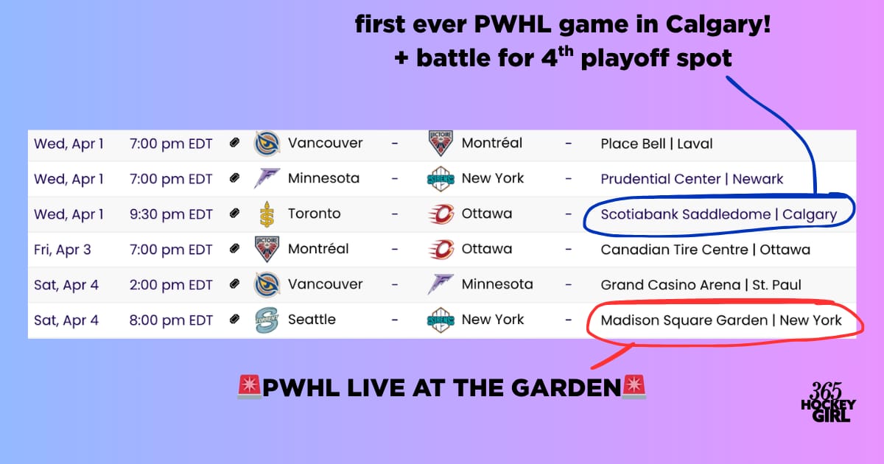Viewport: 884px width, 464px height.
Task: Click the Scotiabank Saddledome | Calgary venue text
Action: [719, 214]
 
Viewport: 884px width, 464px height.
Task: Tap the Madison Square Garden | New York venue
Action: [721, 320]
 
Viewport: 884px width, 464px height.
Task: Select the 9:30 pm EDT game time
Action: [171, 214]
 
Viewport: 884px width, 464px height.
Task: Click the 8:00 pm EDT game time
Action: [171, 320]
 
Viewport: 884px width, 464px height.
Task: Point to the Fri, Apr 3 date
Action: [63, 250]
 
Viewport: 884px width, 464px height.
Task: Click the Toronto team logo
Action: [267, 214]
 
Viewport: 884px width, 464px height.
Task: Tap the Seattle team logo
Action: [267, 320]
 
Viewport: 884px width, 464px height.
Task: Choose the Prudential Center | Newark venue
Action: [692, 179]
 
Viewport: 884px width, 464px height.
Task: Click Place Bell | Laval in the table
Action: [656, 144]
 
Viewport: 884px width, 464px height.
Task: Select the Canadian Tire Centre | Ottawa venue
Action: [706, 250]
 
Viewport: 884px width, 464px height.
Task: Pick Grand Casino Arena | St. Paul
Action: [701, 285]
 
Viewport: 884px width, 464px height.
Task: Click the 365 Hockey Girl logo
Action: [828, 401]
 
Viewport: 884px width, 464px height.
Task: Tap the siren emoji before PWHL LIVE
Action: [250, 387]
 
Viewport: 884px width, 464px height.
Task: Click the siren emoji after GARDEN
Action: [634, 387]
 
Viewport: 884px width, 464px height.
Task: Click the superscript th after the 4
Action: [566, 52]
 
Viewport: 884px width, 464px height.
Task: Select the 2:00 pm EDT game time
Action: [171, 285]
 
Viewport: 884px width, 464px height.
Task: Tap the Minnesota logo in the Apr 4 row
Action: [441, 284]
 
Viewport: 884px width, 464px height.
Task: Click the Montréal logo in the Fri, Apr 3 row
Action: [267, 249]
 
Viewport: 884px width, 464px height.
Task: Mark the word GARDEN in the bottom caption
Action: [566, 387]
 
